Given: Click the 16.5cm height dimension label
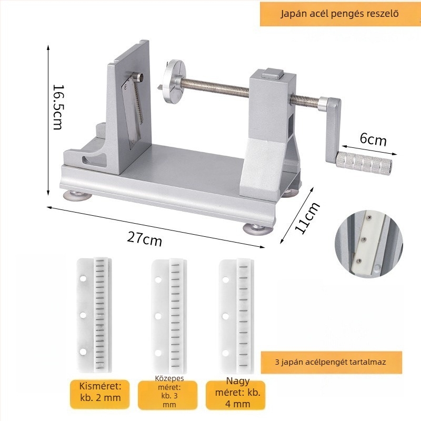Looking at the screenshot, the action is [x=58, y=107].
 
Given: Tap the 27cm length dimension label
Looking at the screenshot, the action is [x=144, y=238].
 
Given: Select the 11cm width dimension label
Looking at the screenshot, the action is [x=307, y=217].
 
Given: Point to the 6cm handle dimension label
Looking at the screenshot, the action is [x=373, y=139].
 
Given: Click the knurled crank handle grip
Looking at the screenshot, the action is [x=363, y=162].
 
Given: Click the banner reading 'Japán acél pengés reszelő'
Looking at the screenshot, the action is [x=339, y=14].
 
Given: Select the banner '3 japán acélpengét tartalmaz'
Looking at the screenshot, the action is [x=331, y=362].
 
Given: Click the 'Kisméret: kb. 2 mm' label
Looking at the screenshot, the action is [x=100, y=392].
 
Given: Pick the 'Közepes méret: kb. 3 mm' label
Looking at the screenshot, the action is [x=169, y=391].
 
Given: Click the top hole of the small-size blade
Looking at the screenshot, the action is [x=83, y=278].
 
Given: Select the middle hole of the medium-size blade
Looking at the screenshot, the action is [x=158, y=316].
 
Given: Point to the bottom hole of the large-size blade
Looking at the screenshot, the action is [x=226, y=353].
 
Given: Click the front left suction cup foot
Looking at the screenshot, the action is [x=77, y=196].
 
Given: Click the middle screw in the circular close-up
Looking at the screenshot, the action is [x=364, y=239].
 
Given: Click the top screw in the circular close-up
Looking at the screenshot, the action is [x=370, y=218].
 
